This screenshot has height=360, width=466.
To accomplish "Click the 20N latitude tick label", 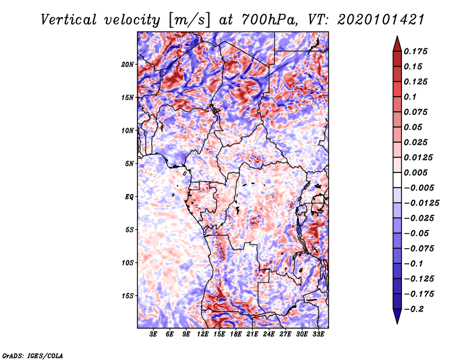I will coord(128,64).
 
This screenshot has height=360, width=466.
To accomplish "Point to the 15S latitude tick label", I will coord(128,295).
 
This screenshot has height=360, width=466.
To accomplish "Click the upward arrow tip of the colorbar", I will coord(396,37).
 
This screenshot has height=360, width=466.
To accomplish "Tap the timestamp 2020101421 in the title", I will coord(373,19).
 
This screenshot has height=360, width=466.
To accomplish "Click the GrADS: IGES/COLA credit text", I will coord(33,355).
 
